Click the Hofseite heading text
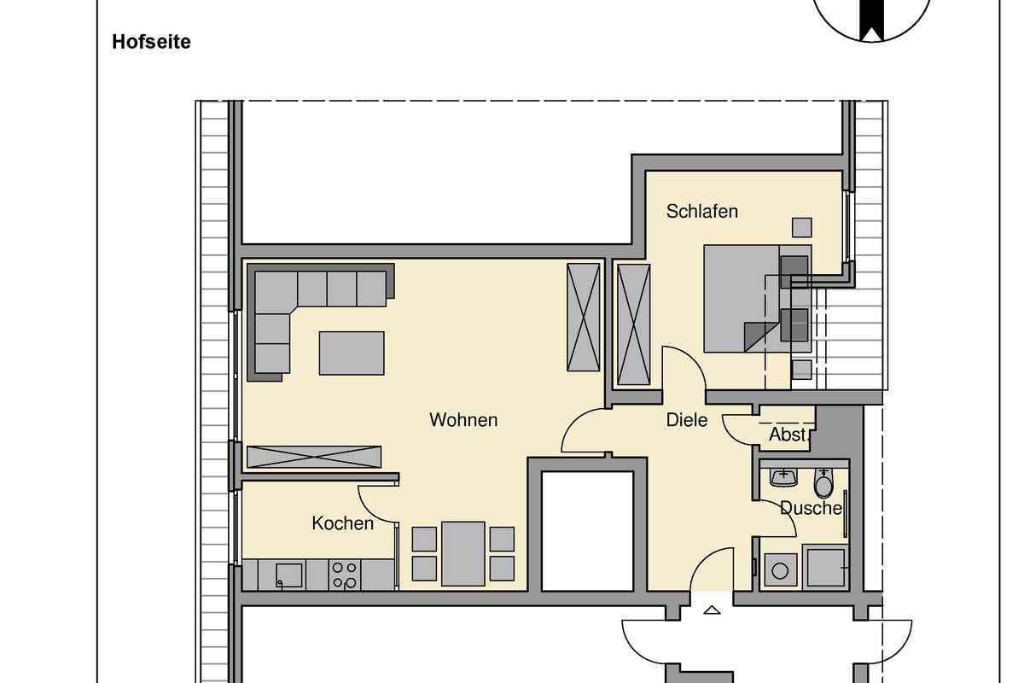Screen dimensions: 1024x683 click(x=151, y=42)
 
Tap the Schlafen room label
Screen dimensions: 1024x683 click(x=702, y=212)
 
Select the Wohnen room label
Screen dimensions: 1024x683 click(x=463, y=420)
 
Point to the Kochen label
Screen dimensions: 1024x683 click(x=343, y=523)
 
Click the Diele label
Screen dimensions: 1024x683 click(x=687, y=420)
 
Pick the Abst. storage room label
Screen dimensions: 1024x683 click(x=790, y=435)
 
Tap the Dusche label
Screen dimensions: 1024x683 click(x=811, y=508)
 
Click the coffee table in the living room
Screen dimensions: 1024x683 click(x=352, y=353)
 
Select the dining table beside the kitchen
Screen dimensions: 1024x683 click(x=463, y=553)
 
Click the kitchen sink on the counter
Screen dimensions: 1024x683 click(x=289, y=575)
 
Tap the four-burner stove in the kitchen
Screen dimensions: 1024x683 click(x=344, y=575)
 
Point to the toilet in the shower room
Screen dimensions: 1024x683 click(x=823, y=483)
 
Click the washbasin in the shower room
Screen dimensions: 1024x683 click(x=783, y=477)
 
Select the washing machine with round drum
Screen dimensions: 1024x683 click(x=780, y=570)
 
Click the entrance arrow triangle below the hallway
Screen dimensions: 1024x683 click(x=712, y=610)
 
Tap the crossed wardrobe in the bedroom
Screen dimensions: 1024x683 click(x=633, y=324)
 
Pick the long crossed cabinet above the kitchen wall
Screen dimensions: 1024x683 click(x=314, y=457)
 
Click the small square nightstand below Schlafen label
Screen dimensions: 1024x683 click(x=802, y=227)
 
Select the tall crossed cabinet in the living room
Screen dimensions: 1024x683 click(x=584, y=317)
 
